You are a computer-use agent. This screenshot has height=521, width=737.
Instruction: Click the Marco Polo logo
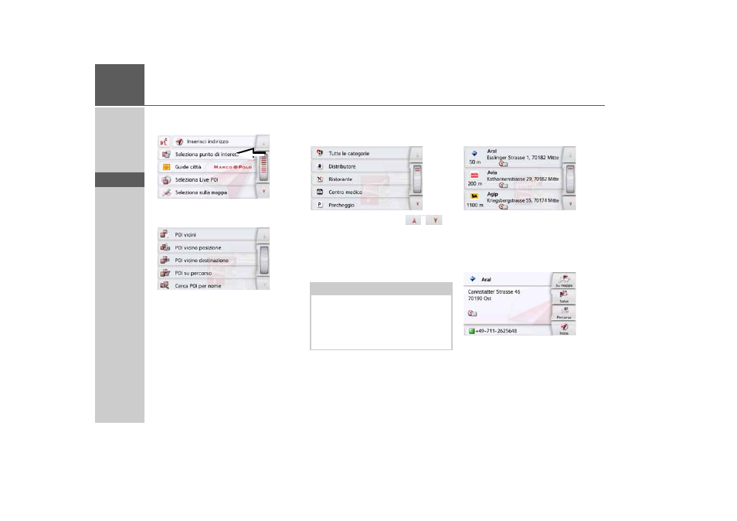coord(233,167)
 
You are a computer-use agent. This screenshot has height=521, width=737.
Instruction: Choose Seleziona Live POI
coord(196,179)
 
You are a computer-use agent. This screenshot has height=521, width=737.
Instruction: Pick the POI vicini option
coord(185,234)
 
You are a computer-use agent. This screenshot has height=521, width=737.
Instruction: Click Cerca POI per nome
coord(197,285)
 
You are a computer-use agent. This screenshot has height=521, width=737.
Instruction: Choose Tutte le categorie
coord(348,154)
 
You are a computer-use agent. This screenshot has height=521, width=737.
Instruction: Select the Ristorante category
coord(341,179)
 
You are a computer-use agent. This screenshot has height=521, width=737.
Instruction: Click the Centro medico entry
coord(345,192)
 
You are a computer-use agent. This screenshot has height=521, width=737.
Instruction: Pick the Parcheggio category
coord(342,205)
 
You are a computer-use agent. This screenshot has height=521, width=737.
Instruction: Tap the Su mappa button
coord(564,280)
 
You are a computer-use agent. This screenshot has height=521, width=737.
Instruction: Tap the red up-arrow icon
coord(413,221)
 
